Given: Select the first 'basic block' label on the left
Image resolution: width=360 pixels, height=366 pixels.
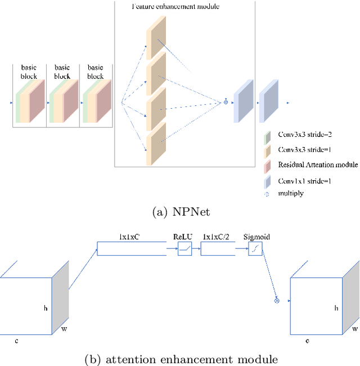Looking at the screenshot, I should (29, 72).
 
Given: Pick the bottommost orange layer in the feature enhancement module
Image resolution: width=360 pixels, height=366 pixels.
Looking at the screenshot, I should (156, 144).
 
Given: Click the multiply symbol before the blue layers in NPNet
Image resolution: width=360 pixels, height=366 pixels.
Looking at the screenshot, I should (226, 102).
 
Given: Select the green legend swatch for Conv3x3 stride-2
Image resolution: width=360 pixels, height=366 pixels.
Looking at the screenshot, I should (268, 136).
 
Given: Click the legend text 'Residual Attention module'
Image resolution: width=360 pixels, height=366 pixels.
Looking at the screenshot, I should (318, 164).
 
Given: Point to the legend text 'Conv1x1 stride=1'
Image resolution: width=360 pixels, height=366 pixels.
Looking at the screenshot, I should (305, 181).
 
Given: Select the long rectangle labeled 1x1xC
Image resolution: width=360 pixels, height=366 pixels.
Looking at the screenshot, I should (132, 248).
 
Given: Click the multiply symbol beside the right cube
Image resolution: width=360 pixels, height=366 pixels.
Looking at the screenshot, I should (276, 301).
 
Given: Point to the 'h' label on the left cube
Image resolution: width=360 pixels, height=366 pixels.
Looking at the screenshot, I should (46, 308).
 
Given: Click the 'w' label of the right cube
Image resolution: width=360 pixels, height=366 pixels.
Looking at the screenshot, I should (354, 329).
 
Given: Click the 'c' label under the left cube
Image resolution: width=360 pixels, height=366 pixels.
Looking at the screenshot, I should (17, 341).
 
